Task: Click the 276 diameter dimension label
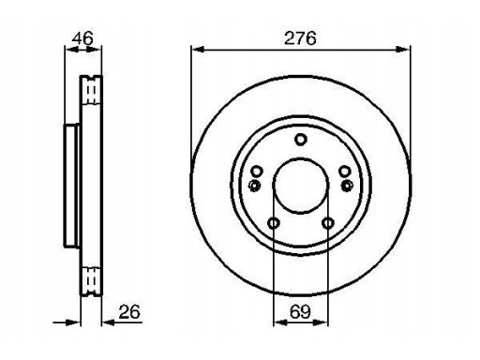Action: click(x=300, y=38)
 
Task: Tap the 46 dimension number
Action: click(x=82, y=38)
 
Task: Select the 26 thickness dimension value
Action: click(x=129, y=311)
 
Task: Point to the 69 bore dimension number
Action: click(x=300, y=311)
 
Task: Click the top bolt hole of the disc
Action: click(x=301, y=140)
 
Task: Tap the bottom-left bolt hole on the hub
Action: click(x=274, y=223)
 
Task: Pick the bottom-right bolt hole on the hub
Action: click(x=328, y=223)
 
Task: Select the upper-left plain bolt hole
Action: click(x=257, y=172)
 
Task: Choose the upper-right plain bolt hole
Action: click(x=345, y=172)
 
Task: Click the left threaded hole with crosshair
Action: click(x=255, y=186)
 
